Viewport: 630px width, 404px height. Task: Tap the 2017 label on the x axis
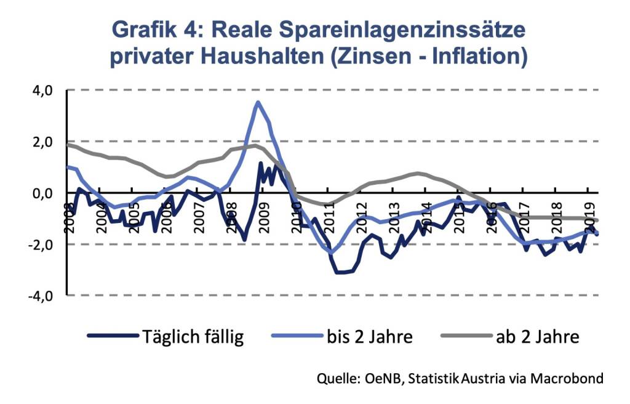[x=525, y=216]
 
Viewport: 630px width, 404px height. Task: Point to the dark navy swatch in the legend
[x=113, y=336]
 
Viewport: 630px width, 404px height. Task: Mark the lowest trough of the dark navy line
[x=341, y=272]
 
